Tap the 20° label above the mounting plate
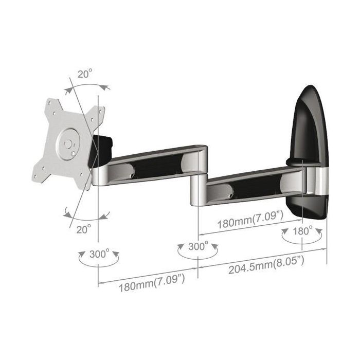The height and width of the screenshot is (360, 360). (x=85, y=74)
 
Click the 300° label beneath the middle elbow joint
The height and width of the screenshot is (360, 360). (x=199, y=246)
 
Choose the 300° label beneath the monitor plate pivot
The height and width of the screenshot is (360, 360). (x=99, y=254)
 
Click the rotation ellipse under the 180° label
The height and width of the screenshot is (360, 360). (x=302, y=242)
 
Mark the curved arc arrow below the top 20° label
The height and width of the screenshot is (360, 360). (x=87, y=86)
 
